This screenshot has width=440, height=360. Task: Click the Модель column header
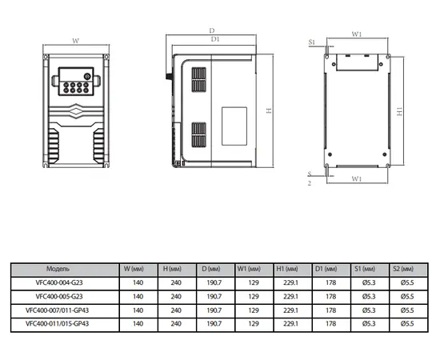coord(58,269)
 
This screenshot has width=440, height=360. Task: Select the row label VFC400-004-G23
coord(59,282)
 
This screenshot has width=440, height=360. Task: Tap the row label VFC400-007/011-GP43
coord(58,310)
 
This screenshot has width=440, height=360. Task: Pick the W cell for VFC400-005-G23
coord(138,297)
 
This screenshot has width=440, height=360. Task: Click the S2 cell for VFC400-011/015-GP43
coord(407,324)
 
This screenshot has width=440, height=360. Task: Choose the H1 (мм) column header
coord(287,269)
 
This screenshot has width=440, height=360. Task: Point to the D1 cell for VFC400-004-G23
coord(331,282)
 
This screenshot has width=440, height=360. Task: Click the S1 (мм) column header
coord(365,269)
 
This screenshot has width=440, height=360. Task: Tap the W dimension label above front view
coord(75,41)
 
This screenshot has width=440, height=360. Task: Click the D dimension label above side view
coord(212,30)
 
